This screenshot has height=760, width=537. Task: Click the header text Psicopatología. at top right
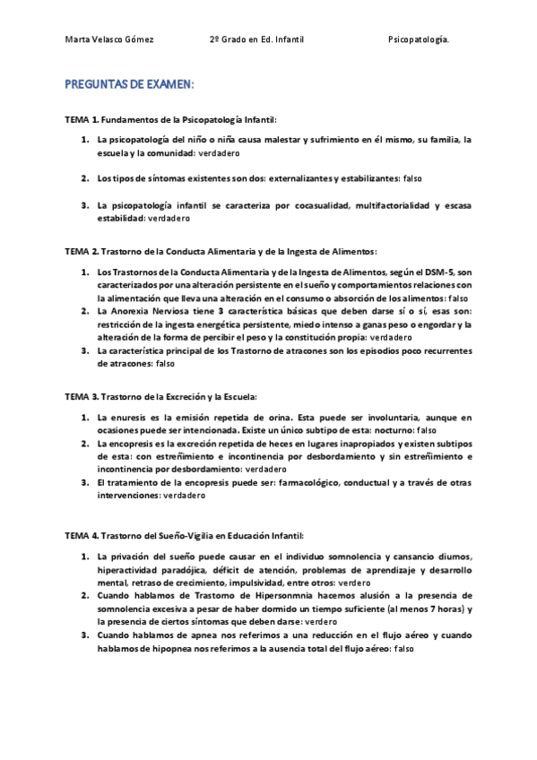[420, 39]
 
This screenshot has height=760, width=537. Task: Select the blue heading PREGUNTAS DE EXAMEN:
[129, 84]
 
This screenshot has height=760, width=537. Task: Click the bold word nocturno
[377, 430]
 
